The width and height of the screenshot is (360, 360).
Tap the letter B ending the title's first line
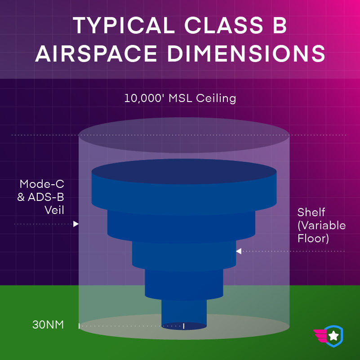coord(280,25)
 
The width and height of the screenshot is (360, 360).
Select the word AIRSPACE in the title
coord(96,53)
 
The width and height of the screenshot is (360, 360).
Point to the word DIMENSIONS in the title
coord(246,53)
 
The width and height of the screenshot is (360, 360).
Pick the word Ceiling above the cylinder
coord(216,99)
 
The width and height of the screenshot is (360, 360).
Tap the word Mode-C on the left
coord(42,184)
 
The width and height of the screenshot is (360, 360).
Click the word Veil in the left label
coord(54,210)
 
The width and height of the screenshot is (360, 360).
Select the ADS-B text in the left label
coord(46,197)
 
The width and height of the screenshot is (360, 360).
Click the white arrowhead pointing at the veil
coord(76,224)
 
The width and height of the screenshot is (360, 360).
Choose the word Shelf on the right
coord(311,213)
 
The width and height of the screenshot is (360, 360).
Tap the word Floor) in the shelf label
coord(313,238)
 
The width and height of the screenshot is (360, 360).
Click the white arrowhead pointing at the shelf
coord(239,251)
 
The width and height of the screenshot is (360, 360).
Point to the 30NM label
coord(48,324)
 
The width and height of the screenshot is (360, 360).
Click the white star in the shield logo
coord(333,336)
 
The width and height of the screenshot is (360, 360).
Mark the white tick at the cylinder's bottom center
coord(184,326)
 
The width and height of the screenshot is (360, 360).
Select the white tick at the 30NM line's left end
coord(79,326)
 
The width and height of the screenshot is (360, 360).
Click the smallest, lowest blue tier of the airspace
coord(184,313)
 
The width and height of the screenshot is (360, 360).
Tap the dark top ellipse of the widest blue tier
coord(184,172)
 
